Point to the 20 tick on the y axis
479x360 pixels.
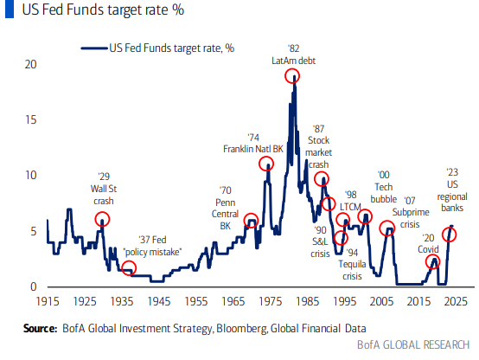[31, 65]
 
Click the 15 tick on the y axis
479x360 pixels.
[31, 120]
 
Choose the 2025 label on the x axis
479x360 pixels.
[456, 301]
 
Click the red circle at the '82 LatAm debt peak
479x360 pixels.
[293, 75]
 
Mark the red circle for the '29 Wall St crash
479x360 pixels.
[102, 219]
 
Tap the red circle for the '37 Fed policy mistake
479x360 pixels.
[129, 267]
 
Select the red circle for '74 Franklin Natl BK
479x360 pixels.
[267, 164]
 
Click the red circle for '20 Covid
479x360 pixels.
[432, 261]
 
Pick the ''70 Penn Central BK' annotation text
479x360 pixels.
[225, 208]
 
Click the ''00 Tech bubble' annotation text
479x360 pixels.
[384, 186]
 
